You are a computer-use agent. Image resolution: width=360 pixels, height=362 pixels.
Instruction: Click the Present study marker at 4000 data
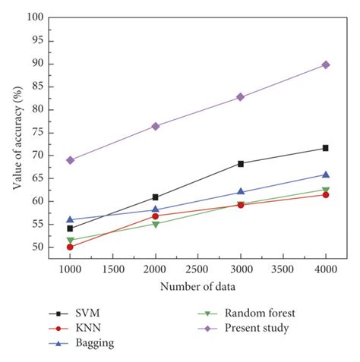click(x=325, y=65)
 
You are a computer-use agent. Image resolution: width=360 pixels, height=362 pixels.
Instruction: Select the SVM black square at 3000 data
click(x=241, y=163)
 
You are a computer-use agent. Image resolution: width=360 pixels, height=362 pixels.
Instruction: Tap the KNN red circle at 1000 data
click(x=71, y=247)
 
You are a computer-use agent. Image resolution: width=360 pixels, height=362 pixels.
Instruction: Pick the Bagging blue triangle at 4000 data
click(x=325, y=175)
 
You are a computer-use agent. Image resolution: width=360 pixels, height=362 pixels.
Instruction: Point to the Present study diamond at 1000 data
click(x=71, y=160)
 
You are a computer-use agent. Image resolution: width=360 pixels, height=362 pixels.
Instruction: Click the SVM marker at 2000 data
click(x=156, y=197)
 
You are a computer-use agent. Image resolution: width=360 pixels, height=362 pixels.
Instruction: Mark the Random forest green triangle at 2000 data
click(x=156, y=224)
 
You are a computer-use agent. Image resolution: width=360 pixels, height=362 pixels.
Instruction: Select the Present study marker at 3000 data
click(x=241, y=97)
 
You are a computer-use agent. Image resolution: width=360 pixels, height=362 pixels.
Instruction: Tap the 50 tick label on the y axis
click(x=36, y=247)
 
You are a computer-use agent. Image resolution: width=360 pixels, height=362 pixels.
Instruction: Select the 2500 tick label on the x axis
click(x=198, y=269)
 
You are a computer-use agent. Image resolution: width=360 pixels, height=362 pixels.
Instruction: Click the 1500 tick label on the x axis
click(x=113, y=269)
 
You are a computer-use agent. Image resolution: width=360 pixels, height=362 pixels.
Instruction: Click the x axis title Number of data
click(x=197, y=287)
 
